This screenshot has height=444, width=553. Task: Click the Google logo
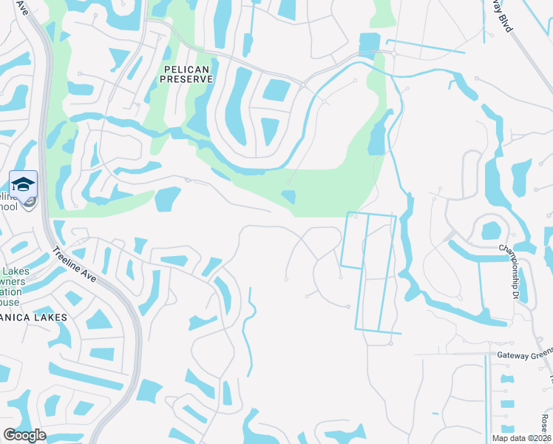[x=24, y=435]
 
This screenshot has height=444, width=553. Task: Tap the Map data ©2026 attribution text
[x=512, y=438]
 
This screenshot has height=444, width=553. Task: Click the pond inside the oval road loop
[x=491, y=231]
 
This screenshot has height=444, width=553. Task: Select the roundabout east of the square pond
[x=395, y=53]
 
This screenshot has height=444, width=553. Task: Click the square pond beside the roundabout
[x=368, y=44]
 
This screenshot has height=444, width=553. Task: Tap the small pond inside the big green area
[x=288, y=197]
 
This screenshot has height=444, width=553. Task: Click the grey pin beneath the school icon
[x=27, y=203]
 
